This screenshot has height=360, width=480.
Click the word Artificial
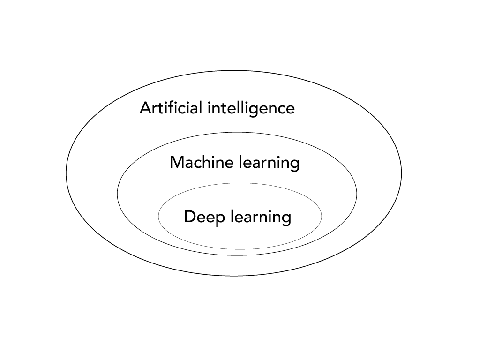pyautogui.click(x=171, y=108)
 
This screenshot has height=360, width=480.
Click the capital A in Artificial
pyautogui.click(x=145, y=108)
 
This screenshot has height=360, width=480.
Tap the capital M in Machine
pyautogui.click(x=176, y=163)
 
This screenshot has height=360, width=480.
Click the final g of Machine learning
pyautogui.click(x=294, y=165)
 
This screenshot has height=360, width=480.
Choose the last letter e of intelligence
pyautogui.click(x=290, y=110)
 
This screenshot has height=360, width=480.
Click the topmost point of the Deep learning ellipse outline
pyautogui.click(x=240, y=183)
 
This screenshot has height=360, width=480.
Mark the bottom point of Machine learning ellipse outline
pyautogui.click(x=237, y=255)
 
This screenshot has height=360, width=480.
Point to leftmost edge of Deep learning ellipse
pyautogui.click(x=158, y=216)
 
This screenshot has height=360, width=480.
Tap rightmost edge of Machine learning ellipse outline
pyautogui.click(x=357, y=194)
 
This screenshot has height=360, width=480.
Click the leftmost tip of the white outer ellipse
pyautogui.click(x=67, y=173)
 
